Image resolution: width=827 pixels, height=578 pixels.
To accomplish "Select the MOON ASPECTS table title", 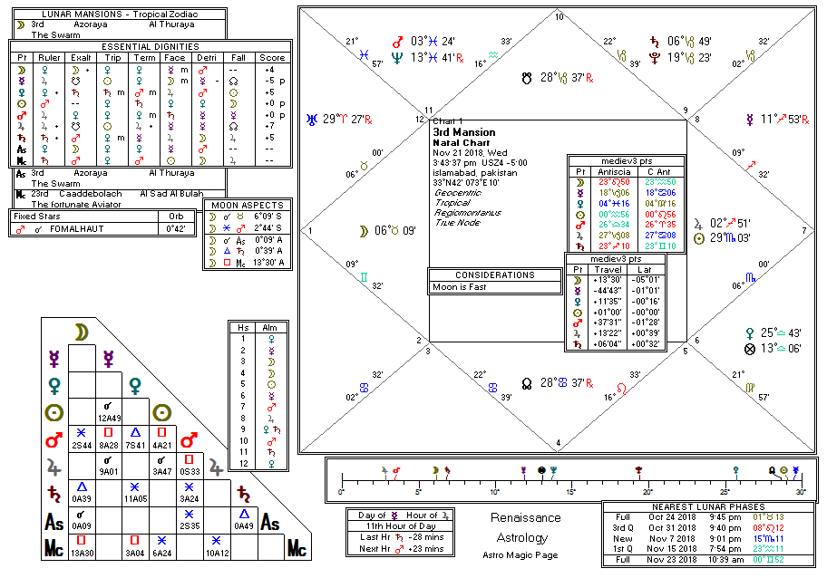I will pos(247,206).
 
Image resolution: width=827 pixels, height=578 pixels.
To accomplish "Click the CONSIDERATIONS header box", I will pos(495,275).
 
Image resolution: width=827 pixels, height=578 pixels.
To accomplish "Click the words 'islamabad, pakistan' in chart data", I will pos(475,172).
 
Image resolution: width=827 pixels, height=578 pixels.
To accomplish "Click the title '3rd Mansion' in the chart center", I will pos(464,132).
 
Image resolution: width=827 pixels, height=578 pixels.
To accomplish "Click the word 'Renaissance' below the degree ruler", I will pos(526,518).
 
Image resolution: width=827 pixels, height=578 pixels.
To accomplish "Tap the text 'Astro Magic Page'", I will pos(526,554).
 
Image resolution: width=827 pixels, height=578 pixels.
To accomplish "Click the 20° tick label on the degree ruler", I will pos(646,492).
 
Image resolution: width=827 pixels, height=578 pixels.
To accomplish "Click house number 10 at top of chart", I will pos(559,16).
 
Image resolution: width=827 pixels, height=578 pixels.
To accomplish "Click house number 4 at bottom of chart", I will pos(558,443).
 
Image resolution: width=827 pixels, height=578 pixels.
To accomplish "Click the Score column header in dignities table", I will pos(272,57).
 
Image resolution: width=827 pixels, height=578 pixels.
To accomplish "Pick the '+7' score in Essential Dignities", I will pos(269,126).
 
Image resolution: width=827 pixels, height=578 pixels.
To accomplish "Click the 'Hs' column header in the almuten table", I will pos(243,326).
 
